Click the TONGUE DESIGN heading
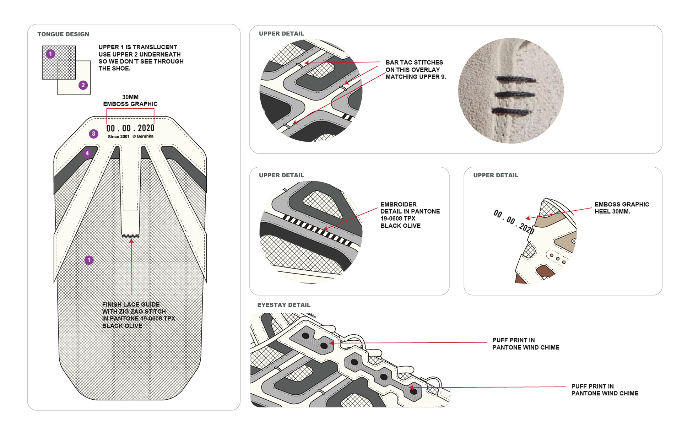63,34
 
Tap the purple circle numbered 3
93,134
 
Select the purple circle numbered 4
87,153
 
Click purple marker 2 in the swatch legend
83,85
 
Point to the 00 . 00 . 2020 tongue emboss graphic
130,128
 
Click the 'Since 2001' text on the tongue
119,137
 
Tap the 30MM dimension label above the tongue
130,97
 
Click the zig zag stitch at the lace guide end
130,236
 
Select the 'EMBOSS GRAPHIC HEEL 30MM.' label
622,208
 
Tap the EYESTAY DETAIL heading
284,305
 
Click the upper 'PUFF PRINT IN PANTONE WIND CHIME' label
525,344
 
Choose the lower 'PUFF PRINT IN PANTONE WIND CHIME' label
605,390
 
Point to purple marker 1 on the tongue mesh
89,260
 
